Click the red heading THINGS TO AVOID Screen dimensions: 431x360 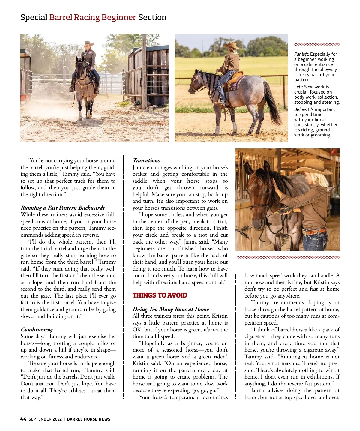coord(160,295)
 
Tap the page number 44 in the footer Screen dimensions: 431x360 coord(23,419)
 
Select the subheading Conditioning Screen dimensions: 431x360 coord(37,330)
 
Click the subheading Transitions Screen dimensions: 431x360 coord(146,160)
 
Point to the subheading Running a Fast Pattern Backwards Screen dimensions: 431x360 coord(63,208)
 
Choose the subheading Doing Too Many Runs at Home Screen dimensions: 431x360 coord(171,309)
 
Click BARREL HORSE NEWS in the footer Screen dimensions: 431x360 coord(89,419)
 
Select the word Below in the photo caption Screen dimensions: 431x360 coord(300,109)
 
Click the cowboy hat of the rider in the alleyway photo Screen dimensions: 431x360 coord(88,43)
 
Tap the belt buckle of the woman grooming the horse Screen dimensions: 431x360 coord(307,232)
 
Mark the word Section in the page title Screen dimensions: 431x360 coord(152,17)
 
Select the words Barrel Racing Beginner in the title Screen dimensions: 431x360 coord(92,17)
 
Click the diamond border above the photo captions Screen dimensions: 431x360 coord(317,45)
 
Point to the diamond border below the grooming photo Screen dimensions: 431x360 coord(288,257)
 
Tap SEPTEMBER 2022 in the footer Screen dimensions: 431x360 coord(45,419)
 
